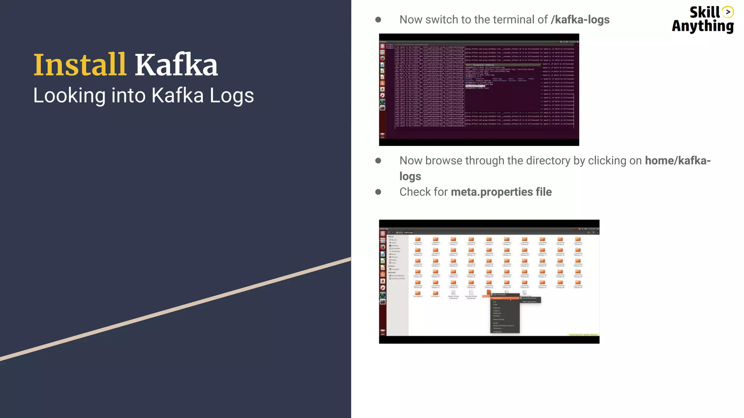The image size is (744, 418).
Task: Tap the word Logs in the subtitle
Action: click(x=231, y=96)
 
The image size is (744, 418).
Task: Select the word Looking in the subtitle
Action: click(x=69, y=96)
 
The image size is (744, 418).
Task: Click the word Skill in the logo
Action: click(x=704, y=12)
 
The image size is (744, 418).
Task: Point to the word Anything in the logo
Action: click(x=703, y=26)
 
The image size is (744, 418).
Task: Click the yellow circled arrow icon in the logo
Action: click(x=728, y=12)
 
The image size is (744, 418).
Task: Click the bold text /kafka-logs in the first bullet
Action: click(x=580, y=20)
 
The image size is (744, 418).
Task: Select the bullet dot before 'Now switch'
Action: click(x=378, y=20)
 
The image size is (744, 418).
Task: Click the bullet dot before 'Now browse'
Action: click(x=378, y=161)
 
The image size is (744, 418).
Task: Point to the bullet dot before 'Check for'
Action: click(x=378, y=192)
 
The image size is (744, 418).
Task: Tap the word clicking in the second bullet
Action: click(x=607, y=161)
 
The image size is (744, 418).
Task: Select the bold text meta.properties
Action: click(x=492, y=192)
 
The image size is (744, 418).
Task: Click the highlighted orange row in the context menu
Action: click(x=505, y=298)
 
